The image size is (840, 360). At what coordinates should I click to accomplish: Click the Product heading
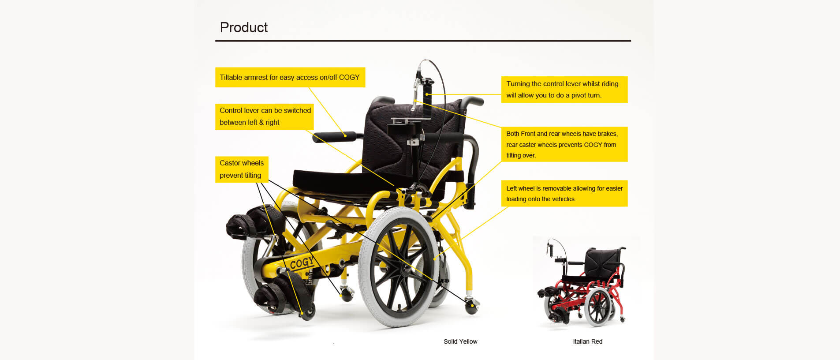point(243,27)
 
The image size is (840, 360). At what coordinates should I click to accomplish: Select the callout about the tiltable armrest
point(290,77)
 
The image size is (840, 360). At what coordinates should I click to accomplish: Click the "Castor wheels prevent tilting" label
point(242,169)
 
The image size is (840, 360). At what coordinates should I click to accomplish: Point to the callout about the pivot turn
point(564,90)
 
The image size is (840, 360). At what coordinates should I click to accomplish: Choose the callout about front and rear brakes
point(564,144)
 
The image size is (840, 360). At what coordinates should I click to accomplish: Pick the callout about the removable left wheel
point(564,193)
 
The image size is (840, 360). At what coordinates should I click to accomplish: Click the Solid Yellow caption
point(460,341)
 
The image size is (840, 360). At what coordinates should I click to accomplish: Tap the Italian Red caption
point(587,341)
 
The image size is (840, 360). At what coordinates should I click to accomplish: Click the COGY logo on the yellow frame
point(302,263)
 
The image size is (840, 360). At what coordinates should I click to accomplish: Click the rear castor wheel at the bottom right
point(471,306)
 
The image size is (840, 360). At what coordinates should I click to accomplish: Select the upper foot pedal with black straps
point(254,221)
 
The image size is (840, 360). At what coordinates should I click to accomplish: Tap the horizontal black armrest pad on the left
point(335,137)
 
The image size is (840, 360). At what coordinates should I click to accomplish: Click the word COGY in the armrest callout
point(349,77)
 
